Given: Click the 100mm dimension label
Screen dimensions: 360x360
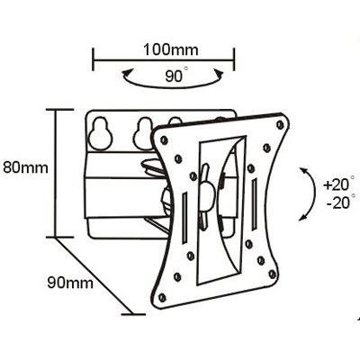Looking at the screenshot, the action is (170, 50).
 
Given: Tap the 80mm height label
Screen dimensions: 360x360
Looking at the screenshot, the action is (26, 167).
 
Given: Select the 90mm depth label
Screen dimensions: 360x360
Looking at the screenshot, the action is (70, 283).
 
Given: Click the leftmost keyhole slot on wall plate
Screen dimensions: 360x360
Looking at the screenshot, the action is (101, 133).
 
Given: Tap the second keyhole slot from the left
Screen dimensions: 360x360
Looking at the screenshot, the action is (144, 133).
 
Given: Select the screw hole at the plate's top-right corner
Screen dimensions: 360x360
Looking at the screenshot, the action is (281, 124).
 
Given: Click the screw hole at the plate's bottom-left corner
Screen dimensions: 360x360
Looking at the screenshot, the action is (162, 297).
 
